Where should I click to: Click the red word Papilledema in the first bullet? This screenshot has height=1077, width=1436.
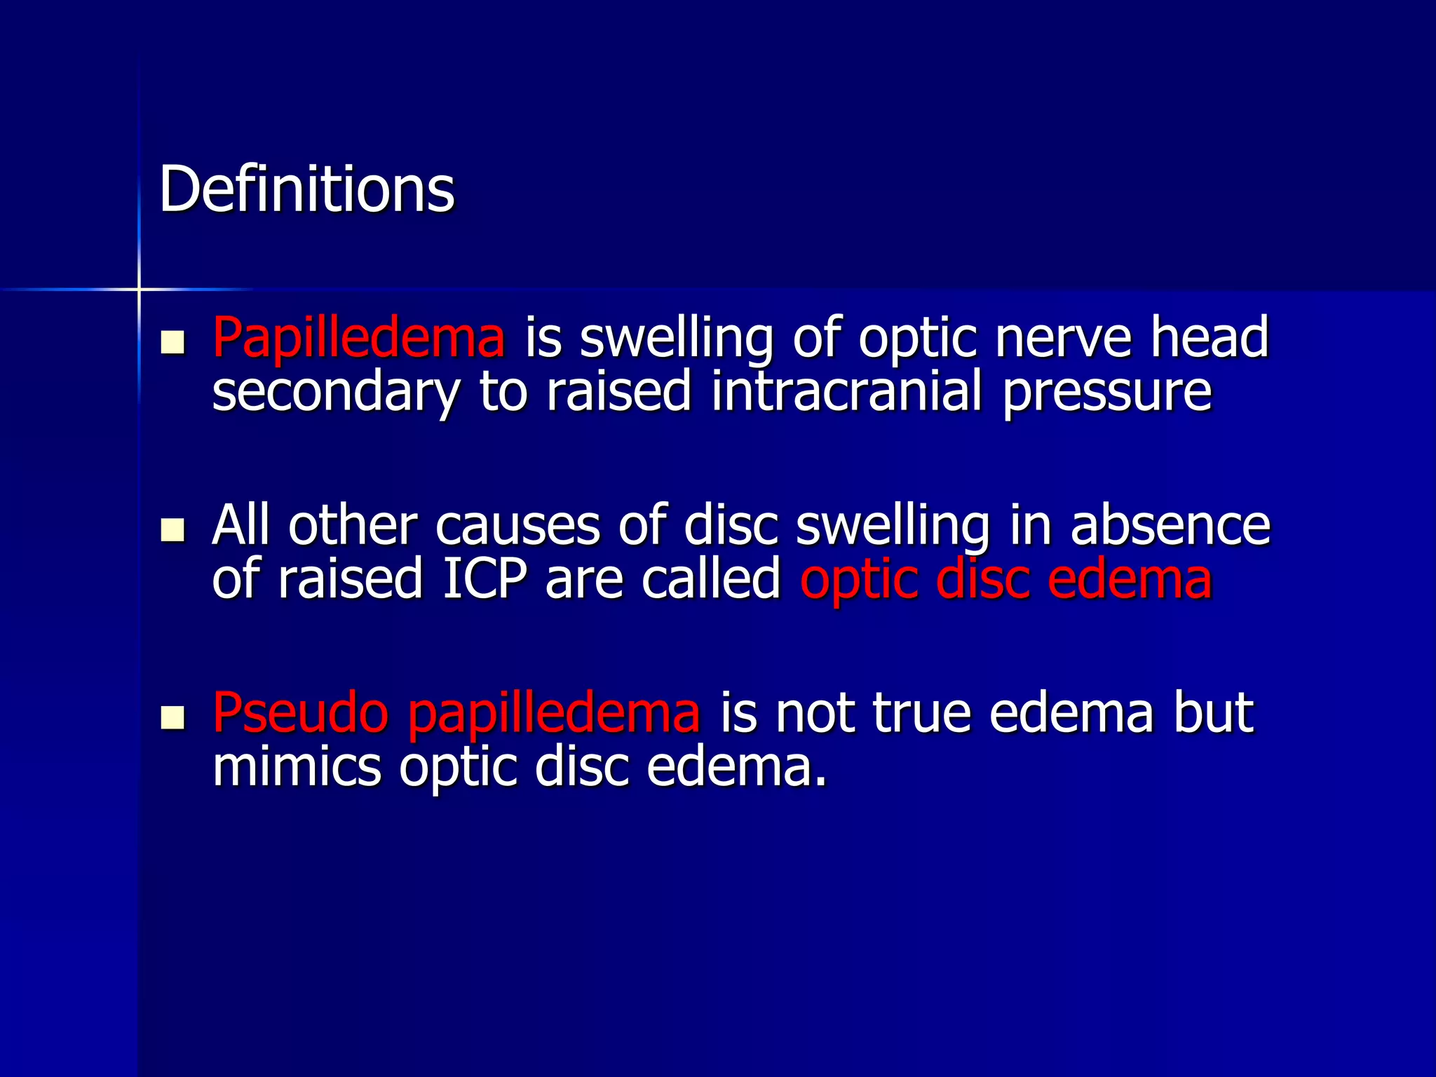pyautogui.click(x=358, y=338)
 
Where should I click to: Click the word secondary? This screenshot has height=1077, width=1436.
pyautogui.click(x=335, y=393)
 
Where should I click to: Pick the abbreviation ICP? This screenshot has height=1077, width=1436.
pyautogui.click(x=484, y=579)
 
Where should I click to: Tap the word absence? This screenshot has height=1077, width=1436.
pyautogui.click(x=1170, y=526)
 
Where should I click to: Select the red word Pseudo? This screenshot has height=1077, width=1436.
pyautogui.click(x=300, y=713)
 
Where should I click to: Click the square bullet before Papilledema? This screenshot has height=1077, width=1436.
pyautogui.click(x=172, y=342)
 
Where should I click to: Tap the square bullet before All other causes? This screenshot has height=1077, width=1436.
pyautogui.click(x=172, y=530)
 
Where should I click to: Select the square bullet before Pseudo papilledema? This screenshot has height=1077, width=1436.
pyautogui.click(x=172, y=717)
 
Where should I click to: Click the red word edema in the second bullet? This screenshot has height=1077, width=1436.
pyautogui.click(x=1130, y=579)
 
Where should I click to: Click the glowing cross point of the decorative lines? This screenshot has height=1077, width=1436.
pyautogui.click(x=139, y=289)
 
